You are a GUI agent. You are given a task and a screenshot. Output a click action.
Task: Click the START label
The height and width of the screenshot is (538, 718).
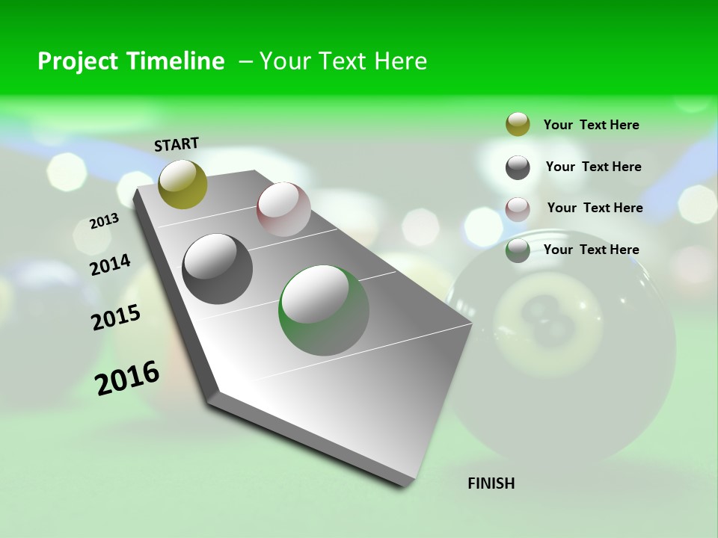click(177, 144)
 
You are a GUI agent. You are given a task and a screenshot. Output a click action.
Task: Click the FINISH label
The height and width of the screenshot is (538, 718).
click(491, 483)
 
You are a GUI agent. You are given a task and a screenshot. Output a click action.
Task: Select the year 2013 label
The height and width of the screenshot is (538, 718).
click(104, 221)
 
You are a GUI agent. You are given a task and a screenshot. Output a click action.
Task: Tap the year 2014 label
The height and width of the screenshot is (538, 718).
click(110, 265)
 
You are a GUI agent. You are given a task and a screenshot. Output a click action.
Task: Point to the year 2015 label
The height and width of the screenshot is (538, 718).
click(116, 318)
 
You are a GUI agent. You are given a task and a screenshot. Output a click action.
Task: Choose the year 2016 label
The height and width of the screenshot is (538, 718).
click(127, 378)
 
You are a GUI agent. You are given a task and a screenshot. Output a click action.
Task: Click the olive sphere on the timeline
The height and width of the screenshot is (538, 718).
click(182, 184)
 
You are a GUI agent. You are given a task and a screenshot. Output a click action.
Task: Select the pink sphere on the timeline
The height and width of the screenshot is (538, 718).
click(283, 208)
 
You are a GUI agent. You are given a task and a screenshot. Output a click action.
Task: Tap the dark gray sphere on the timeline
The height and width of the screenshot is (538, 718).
click(218, 269)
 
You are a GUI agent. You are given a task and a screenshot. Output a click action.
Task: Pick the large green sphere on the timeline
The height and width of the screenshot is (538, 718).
click(324, 310)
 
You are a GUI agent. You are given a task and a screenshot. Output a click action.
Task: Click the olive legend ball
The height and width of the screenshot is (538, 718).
click(518, 124)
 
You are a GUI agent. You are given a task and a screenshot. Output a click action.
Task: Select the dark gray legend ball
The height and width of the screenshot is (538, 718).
click(518, 167)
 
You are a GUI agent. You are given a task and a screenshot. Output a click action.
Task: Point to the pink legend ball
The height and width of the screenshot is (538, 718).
click(518, 208)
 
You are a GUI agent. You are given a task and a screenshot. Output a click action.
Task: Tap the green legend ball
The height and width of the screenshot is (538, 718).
click(518, 250)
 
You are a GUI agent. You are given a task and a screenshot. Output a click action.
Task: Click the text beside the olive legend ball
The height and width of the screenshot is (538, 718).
click(591, 125)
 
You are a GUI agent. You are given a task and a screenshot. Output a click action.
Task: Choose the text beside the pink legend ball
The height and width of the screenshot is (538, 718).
click(595, 208)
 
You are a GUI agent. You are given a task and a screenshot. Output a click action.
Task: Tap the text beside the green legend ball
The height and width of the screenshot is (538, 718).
click(591, 250)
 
